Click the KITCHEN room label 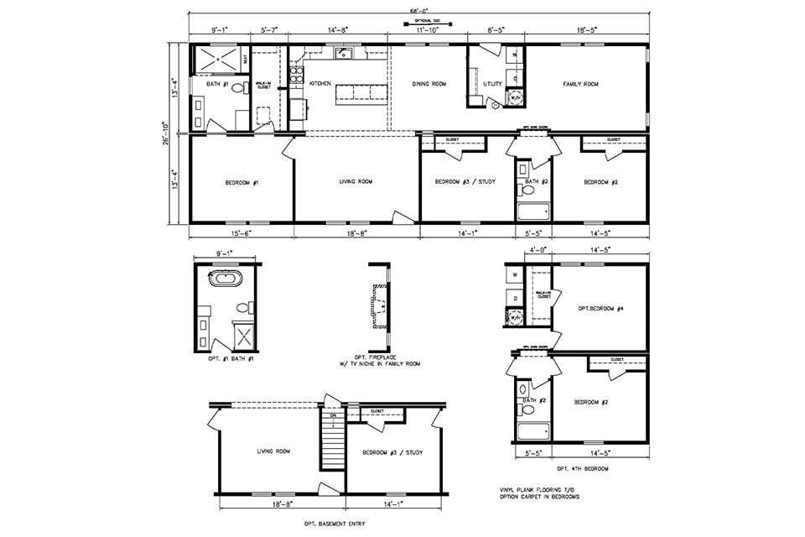pos(320,84)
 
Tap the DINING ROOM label pos(428,84)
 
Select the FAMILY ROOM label pos(580,84)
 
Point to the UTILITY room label pos(492,84)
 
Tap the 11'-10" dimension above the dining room pos(428,30)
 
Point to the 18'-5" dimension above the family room pos(586,30)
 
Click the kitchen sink pos(343,54)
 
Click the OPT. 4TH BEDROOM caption pos(576,467)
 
